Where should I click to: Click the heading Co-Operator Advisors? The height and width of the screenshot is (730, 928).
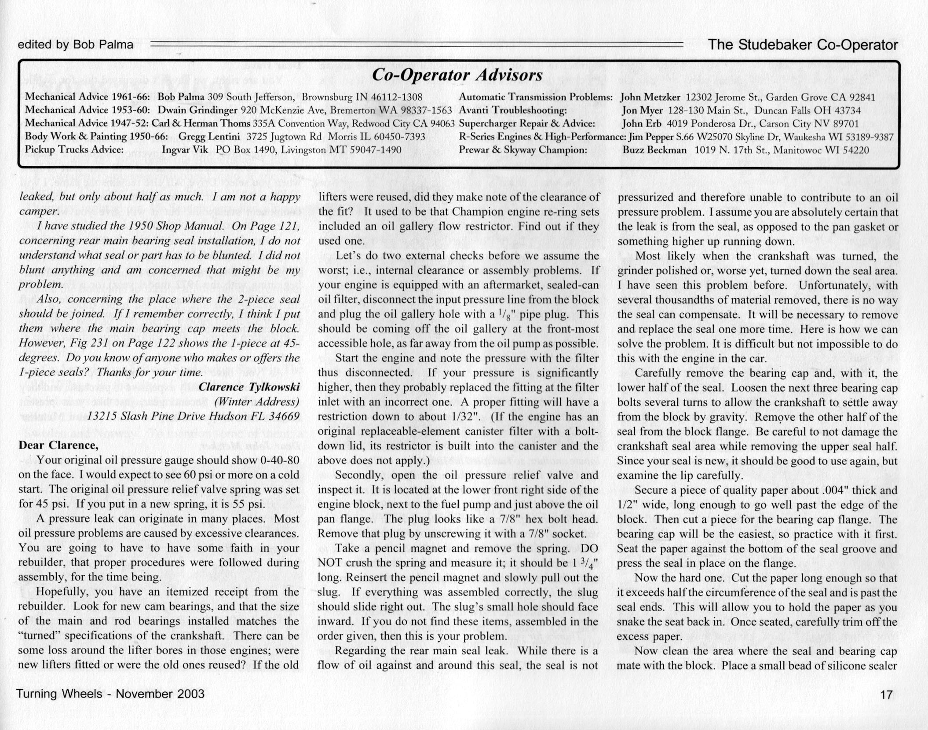(x=457, y=75)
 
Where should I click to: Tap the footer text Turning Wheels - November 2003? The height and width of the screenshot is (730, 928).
(x=110, y=694)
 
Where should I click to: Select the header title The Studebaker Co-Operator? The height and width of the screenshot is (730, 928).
(x=803, y=45)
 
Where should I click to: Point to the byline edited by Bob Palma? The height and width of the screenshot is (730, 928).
(x=75, y=45)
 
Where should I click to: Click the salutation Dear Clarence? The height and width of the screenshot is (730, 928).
(x=58, y=445)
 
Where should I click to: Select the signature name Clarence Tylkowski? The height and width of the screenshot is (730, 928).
(x=249, y=387)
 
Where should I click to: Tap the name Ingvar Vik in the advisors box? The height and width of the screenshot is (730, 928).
(x=185, y=150)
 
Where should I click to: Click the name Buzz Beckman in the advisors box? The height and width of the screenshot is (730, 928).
(x=654, y=150)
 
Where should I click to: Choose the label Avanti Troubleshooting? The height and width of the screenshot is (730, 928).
(x=513, y=110)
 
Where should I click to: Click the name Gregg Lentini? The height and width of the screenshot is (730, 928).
(x=209, y=137)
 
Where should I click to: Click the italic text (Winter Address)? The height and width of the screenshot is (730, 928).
(x=257, y=402)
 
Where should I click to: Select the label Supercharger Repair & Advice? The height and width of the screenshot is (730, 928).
(x=527, y=124)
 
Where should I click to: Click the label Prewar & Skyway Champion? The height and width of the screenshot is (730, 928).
(x=523, y=150)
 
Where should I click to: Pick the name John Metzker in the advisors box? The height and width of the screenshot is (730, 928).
(x=650, y=97)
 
